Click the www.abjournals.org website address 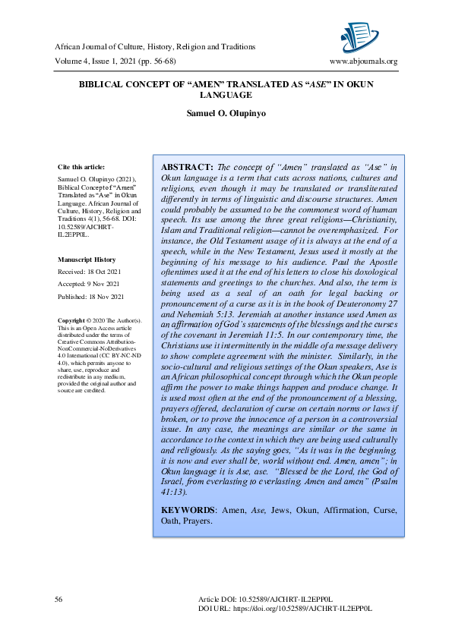click(363, 61)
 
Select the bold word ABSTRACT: click(188, 167)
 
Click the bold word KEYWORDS click(188, 510)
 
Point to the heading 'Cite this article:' click(81, 166)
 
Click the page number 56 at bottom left click(58, 600)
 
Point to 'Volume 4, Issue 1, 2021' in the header click(99, 61)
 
